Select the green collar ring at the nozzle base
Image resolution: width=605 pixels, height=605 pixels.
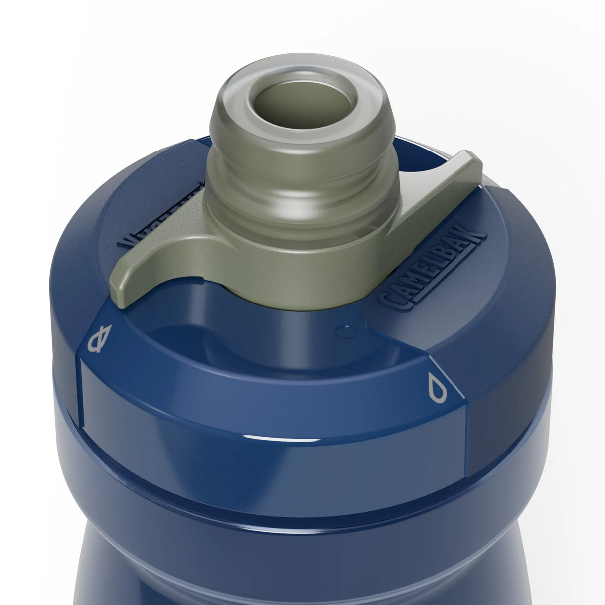click(279, 279)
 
